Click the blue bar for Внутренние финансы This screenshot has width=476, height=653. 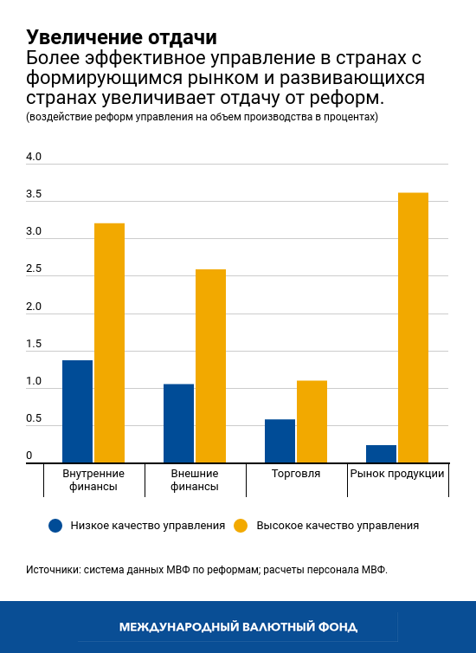(77, 411)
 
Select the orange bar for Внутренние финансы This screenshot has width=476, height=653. (109, 343)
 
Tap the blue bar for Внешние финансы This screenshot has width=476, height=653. (178, 423)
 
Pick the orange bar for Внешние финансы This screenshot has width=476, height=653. (210, 365)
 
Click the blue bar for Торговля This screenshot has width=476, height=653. (280, 441)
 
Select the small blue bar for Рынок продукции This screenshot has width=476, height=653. (381, 454)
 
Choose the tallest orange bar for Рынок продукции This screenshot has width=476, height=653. (413, 327)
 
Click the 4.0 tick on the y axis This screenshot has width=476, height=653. (34, 158)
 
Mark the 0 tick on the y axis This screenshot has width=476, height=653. (29, 456)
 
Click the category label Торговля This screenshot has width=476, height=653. (296, 474)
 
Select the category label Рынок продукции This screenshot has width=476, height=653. (397, 474)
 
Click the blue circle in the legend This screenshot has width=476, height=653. (56, 525)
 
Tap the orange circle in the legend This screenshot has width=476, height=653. (241, 525)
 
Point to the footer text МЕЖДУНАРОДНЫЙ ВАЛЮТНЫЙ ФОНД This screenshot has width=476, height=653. (238, 626)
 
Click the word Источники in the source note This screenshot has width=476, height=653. (52, 571)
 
